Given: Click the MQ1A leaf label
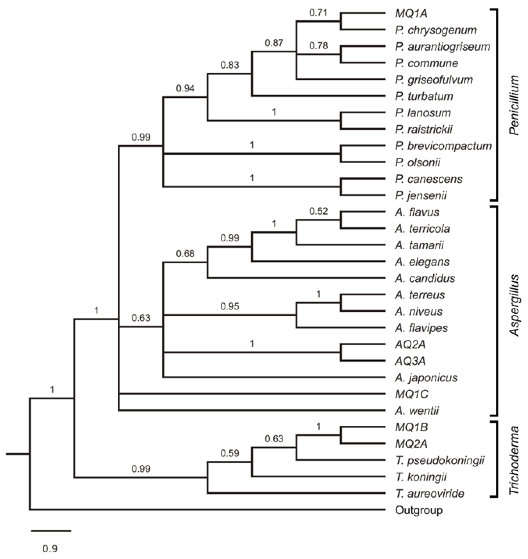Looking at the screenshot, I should pyautogui.click(x=411, y=13).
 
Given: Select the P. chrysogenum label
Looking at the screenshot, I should pyautogui.click(x=436, y=30).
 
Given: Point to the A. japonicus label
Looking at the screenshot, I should pyautogui.click(x=426, y=377).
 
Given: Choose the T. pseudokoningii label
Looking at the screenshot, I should pyautogui.click(x=439, y=460).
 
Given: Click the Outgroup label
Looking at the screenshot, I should pyautogui.click(x=419, y=510).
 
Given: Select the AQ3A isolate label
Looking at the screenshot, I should pyautogui.click(x=410, y=361).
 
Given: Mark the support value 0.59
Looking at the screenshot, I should pyautogui.click(x=230, y=453).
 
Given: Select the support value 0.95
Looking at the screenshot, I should pyautogui.click(x=230, y=306).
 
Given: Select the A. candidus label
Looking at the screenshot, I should pyautogui.click(x=425, y=278).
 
